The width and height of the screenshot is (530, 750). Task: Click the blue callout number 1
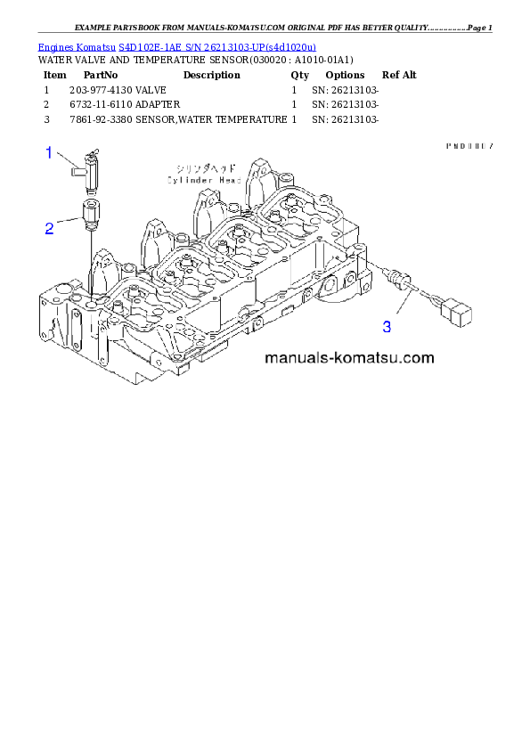tap(50, 152)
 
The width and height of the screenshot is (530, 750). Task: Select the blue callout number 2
tap(50, 228)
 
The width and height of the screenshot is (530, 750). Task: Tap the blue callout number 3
tap(387, 327)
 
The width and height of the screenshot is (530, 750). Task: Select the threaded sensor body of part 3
tap(398, 279)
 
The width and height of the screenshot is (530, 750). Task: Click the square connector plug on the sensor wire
tap(461, 313)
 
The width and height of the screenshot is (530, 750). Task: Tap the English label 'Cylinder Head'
tap(204, 180)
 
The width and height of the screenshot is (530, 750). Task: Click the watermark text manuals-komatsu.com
tap(348, 359)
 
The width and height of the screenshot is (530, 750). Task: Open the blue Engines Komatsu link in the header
tap(176, 46)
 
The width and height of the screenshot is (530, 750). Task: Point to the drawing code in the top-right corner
tap(469, 145)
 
